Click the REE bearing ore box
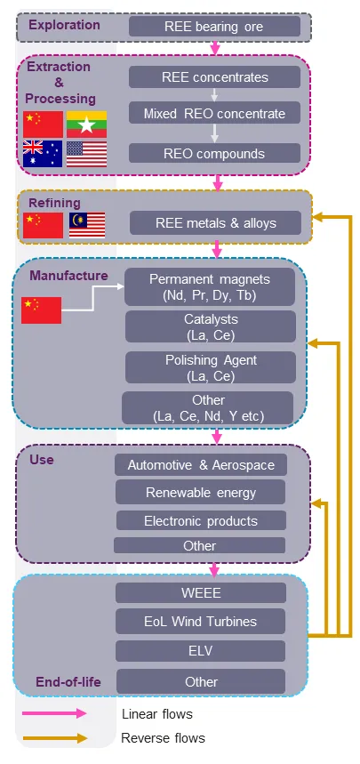(x=214, y=26)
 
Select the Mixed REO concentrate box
(x=214, y=113)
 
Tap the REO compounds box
(x=214, y=153)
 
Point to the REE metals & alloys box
(x=215, y=222)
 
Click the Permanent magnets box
(x=210, y=286)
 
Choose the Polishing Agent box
(x=211, y=367)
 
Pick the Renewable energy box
(x=200, y=492)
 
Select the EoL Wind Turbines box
(x=200, y=621)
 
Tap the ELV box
(x=200, y=651)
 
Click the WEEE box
(x=201, y=592)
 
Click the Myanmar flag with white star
(x=86, y=125)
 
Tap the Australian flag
(x=43, y=154)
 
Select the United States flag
(x=86, y=154)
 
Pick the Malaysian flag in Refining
(x=87, y=225)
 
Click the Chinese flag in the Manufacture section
(x=42, y=310)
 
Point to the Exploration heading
(x=64, y=25)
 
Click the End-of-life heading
(x=68, y=681)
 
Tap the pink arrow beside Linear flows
(x=54, y=714)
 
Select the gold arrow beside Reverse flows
(x=54, y=738)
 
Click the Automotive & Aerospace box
(x=201, y=465)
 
